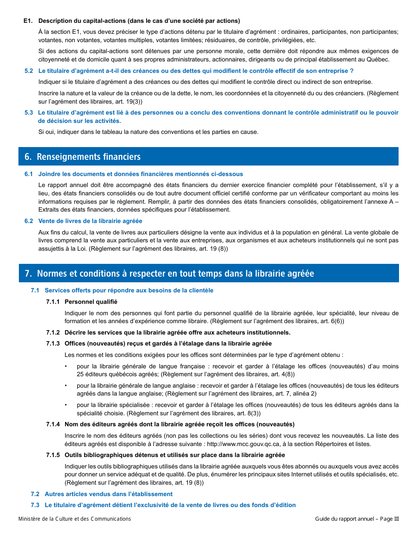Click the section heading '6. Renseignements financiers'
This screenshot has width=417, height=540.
83,157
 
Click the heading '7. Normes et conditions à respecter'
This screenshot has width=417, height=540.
169,274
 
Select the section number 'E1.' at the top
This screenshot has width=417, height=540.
29,21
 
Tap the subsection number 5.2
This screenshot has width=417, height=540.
29,71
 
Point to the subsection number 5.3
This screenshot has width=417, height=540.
29,113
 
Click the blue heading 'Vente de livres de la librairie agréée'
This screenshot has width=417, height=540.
90,221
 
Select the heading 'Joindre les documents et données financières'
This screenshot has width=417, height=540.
140,174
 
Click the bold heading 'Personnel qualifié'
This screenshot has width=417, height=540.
91,302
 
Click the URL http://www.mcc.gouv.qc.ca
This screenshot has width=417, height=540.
244,444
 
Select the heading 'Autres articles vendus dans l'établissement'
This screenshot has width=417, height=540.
108,494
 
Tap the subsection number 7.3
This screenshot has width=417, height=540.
35,505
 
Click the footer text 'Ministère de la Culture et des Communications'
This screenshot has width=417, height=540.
75,519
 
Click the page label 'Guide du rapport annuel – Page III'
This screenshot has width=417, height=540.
357,519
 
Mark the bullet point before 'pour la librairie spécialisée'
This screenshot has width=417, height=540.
66,405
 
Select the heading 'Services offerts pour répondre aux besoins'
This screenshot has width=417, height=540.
129,290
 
